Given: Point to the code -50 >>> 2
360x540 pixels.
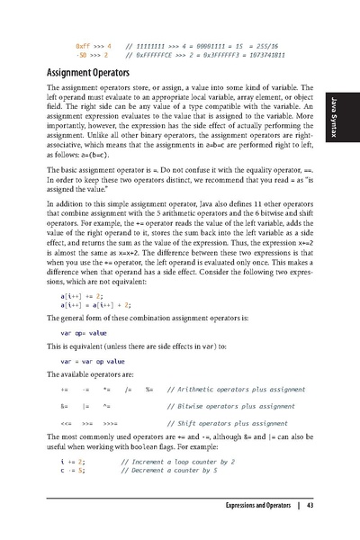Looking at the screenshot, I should (94, 54).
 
